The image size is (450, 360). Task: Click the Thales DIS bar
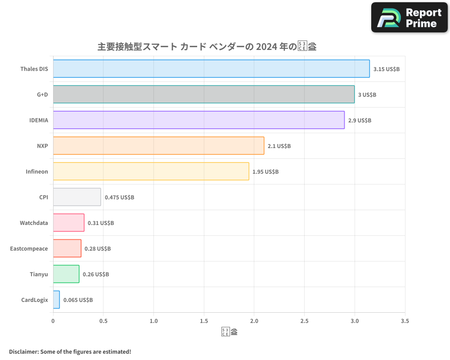pyautogui.click(x=211, y=69)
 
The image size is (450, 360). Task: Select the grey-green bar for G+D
pyautogui.click(x=203, y=94)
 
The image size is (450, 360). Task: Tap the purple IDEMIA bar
pyautogui.click(x=198, y=120)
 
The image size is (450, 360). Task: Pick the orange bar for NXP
pyautogui.click(x=158, y=146)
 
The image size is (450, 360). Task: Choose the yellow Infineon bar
pyautogui.click(x=151, y=171)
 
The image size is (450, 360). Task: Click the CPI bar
pyautogui.click(x=77, y=197)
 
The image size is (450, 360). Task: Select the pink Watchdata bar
pyautogui.click(x=68, y=223)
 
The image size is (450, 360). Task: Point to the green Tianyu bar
pyautogui.click(x=66, y=274)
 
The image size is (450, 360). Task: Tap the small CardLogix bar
pyautogui.click(x=56, y=300)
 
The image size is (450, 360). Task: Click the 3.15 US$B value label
pyautogui.click(x=387, y=69)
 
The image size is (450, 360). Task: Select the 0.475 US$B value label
pyautogui.click(x=119, y=198)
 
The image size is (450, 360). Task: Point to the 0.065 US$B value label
pyautogui.click(x=78, y=300)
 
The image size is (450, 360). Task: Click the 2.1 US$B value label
pyautogui.click(x=279, y=146)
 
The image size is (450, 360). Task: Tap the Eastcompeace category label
pyautogui.click(x=29, y=248)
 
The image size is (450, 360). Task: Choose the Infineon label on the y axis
pyautogui.click(x=36, y=171)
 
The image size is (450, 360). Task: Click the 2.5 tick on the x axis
pyautogui.click(x=304, y=321)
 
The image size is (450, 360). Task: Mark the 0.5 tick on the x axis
pyautogui.click(x=103, y=321)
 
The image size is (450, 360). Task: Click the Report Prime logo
pyautogui.click(x=409, y=18)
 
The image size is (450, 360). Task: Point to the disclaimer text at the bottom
pyautogui.click(x=70, y=351)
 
